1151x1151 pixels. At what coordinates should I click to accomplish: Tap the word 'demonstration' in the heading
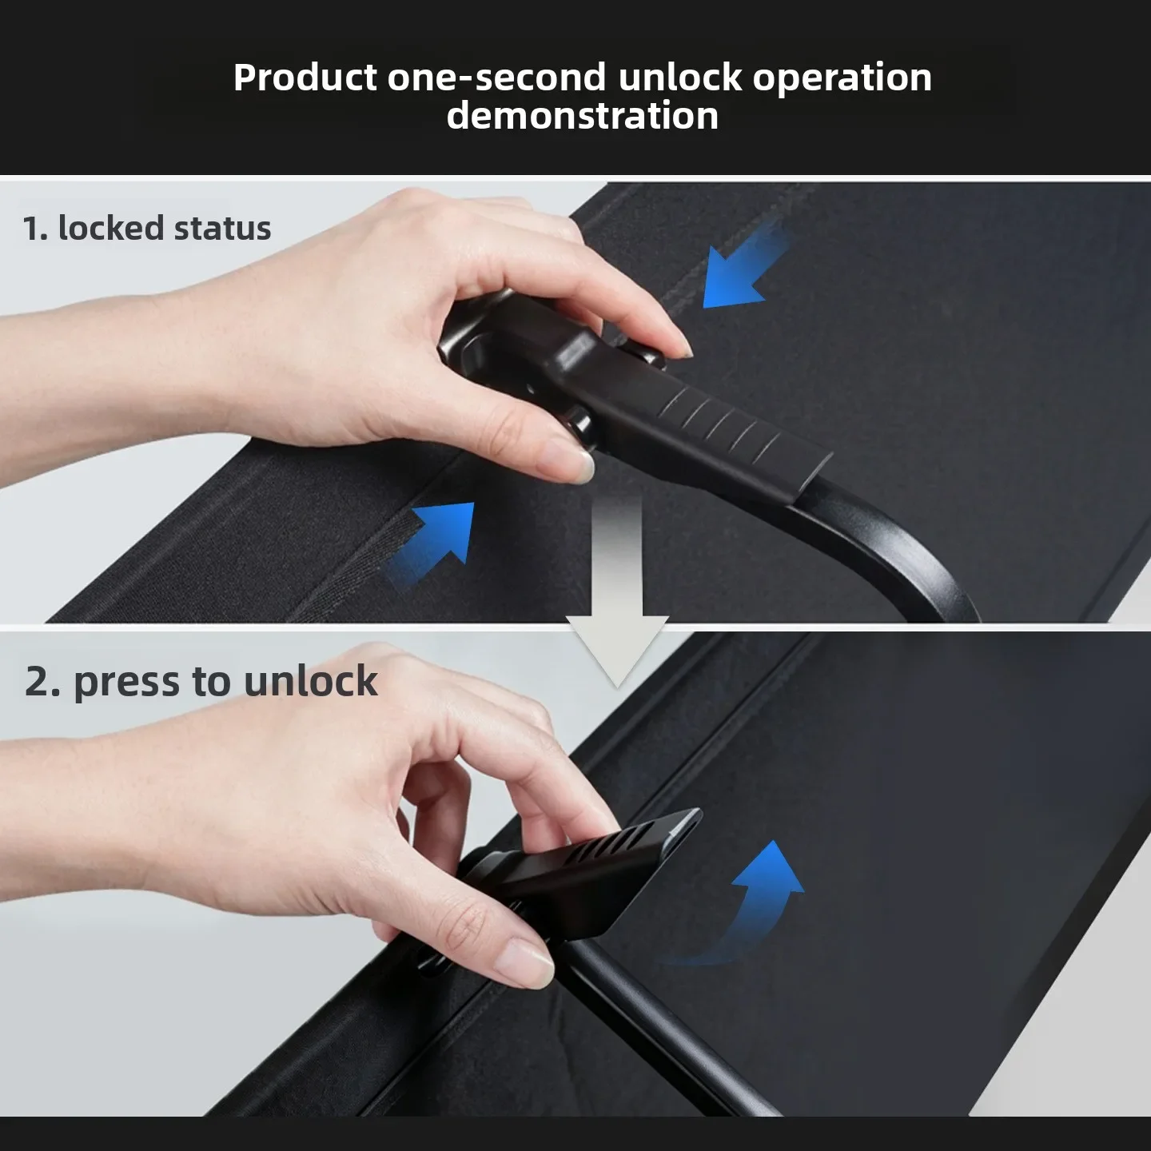(x=583, y=115)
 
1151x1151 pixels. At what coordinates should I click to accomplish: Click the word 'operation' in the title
(x=842, y=78)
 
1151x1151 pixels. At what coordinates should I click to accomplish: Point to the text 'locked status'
(x=165, y=228)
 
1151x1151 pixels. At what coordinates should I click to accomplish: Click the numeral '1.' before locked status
(x=34, y=229)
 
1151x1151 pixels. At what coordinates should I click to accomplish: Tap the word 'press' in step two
(x=126, y=682)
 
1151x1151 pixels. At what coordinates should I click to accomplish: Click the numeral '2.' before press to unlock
(x=42, y=682)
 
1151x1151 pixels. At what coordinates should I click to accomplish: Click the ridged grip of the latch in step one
(x=719, y=422)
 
